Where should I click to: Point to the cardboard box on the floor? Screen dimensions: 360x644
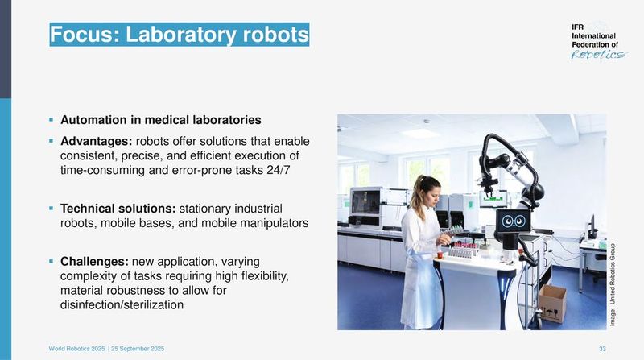pyautogui.click(x=552, y=303)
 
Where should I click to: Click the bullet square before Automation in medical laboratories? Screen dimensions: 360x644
pyautogui.click(x=51, y=120)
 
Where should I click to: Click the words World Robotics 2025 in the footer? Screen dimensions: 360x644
pyautogui.click(x=77, y=347)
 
